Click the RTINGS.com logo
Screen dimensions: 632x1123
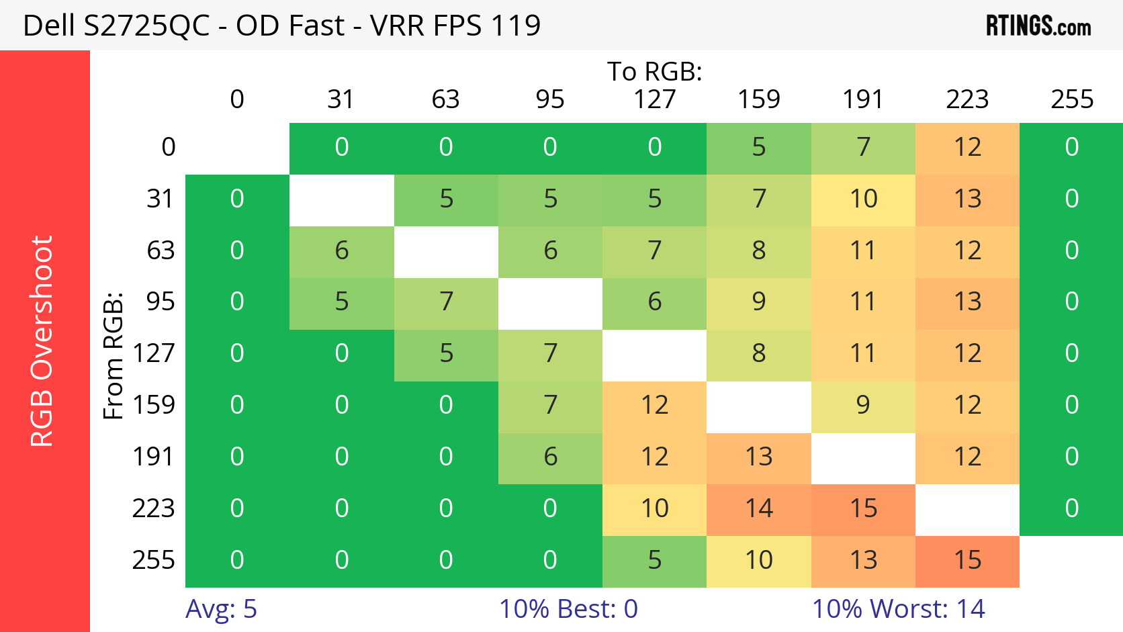point(1038,26)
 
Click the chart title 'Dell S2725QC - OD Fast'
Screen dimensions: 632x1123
point(281,26)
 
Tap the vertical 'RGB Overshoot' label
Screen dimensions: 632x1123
point(42,341)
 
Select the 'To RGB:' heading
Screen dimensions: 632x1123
point(654,71)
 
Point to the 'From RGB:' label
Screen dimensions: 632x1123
point(114,355)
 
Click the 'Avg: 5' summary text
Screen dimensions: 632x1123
point(221,609)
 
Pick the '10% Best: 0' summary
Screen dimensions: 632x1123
point(568,609)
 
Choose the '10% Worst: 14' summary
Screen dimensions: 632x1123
point(898,609)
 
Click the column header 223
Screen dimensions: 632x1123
point(967,99)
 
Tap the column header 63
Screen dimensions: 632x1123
point(445,99)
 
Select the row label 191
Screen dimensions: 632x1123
point(153,457)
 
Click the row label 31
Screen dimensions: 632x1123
point(161,199)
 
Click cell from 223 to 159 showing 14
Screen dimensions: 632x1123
point(759,508)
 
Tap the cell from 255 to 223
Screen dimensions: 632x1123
point(967,560)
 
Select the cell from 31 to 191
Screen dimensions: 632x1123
point(863,199)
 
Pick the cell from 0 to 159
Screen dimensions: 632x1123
point(759,147)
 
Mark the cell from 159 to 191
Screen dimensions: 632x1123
point(863,405)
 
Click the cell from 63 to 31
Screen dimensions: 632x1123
point(341,251)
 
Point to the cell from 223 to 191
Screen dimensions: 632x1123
point(863,508)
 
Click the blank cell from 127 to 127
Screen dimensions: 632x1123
point(654,354)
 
